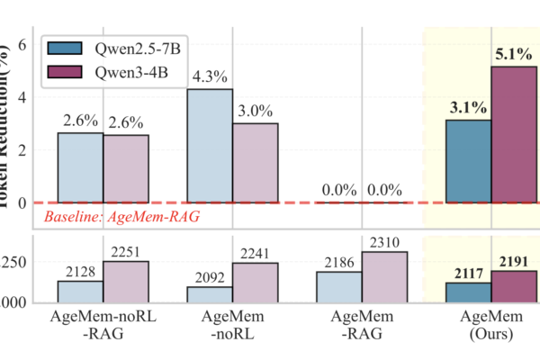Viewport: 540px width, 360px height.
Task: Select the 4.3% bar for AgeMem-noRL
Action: [x=210, y=146]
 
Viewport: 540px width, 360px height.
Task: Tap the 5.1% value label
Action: [x=513, y=54]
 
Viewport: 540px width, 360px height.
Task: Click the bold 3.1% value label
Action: [x=468, y=108]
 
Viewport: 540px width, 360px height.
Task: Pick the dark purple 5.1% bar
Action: [x=513, y=134]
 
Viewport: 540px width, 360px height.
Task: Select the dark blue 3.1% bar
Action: [x=468, y=161]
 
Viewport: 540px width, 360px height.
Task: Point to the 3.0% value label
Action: [x=255, y=111]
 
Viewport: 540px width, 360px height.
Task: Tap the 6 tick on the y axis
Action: [x=26, y=43]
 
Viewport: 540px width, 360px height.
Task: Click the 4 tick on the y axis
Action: [x=26, y=96]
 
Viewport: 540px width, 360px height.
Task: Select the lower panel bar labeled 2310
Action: [x=384, y=277]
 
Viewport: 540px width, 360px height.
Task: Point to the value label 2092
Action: [x=210, y=275]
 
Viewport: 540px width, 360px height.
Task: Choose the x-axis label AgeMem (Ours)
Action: [x=490, y=328]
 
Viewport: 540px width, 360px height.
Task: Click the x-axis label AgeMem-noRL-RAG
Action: [x=103, y=328]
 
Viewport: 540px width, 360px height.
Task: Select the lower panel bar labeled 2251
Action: [x=125, y=282]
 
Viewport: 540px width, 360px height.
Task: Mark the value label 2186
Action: [x=339, y=261]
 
